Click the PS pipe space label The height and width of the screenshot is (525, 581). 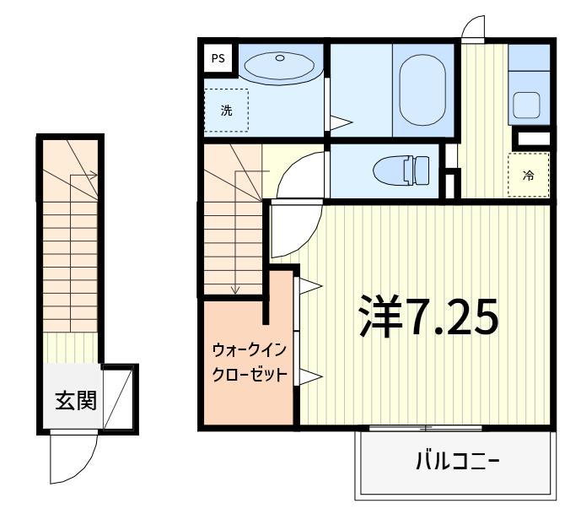pos(218,58)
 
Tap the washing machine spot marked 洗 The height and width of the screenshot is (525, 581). pos(226,111)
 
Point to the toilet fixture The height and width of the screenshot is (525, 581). pos(401,170)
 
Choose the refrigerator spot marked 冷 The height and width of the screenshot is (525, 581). pos(529,175)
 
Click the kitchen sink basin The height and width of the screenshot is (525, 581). pos(526,106)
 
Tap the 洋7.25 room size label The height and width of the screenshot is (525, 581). pos(429,317)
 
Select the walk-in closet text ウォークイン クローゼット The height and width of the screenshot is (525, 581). pos(250,362)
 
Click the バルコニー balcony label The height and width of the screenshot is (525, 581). pos(458,461)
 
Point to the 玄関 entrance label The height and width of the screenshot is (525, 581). pos(76,400)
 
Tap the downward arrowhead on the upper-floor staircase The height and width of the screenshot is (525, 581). pos(235,290)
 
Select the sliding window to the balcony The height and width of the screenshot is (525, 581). pos(426,428)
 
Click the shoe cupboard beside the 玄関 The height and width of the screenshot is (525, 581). pos(118,397)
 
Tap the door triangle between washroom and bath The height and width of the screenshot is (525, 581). pos(340,122)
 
